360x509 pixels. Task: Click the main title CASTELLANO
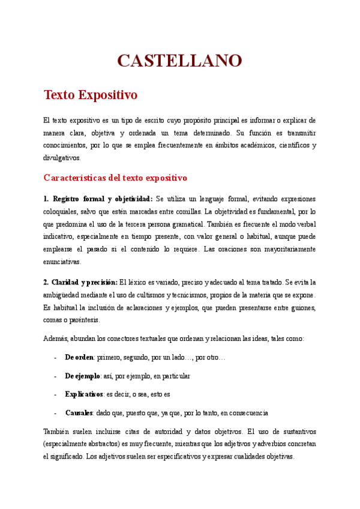point(179,60)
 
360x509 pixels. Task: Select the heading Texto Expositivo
point(91,95)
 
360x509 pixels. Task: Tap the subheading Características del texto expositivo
point(116,178)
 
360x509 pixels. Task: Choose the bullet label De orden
point(79,357)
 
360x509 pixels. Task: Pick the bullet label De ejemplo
point(82,376)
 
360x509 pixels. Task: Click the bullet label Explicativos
point(84,394)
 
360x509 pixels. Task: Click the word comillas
point(185,212)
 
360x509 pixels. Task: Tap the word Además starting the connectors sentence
point(56,339)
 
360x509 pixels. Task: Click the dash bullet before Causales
point(55,413)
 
